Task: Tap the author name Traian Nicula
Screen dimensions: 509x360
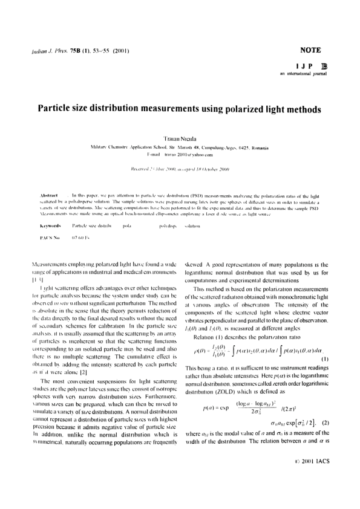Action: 180,138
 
